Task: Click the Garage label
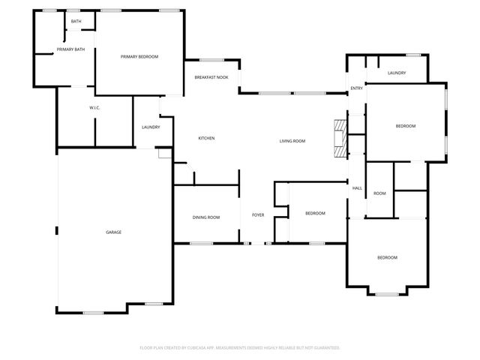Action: pyautogui.click(x=113, y=232)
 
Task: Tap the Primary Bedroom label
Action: pyautogui.click(x=140, y=57)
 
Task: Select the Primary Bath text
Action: pyautogui.click(x=70, y=49)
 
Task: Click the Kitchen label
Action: pyautogui.click(x=206, y=139)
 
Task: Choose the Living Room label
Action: pyautogui.click(x=292, y=141)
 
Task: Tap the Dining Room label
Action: pyautogui.click(x=206, y=217)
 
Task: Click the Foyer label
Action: pyautogui.click(x=258, y=215)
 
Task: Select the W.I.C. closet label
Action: pyautogui.click(x=94, y=108)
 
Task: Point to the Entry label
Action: pyautogui.click(x=357, y=89)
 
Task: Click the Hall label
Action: pyautogui.click(x=357, y=188)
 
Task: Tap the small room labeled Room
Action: pyautogui.click(x=379, y=193)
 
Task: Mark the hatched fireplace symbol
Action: pyautogui.click(x=341, y=139)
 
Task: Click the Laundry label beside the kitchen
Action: pyautogui.click(x=151, y=127)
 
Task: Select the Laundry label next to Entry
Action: pyautogui.click(x=397, y=73)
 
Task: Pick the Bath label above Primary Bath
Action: pyautogui.click(x=76, y=21)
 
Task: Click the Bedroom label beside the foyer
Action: pyautogui.click(x=315, y=214)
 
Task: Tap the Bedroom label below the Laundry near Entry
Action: pyautogui.click(x=406, y=126)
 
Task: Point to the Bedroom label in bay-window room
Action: pyautogui.click(x=387, y=258)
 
